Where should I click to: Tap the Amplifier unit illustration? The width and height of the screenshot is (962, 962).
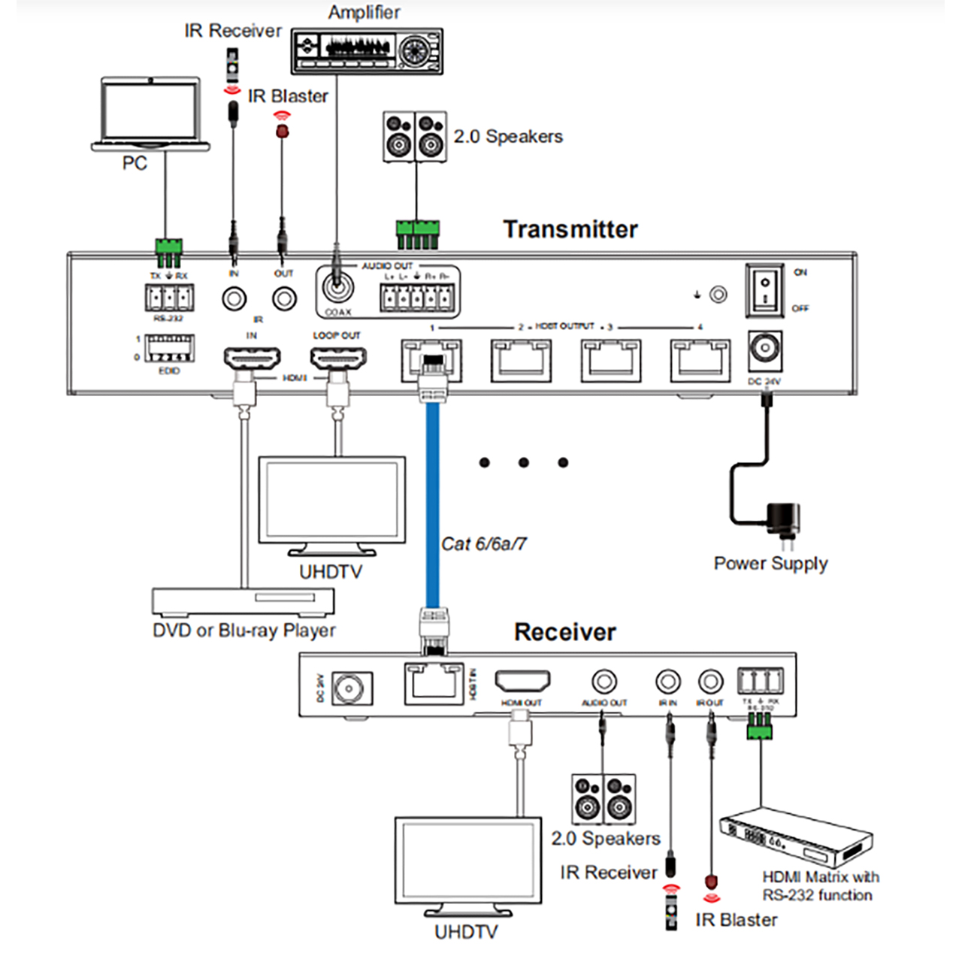coord(367,51)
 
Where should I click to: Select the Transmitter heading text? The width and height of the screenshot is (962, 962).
coord(570,229)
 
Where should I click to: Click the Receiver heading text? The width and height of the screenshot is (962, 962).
coord(564,632)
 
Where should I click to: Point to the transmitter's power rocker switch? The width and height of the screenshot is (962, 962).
coord(764,290)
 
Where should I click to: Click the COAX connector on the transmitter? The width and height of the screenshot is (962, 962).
coord(337,289)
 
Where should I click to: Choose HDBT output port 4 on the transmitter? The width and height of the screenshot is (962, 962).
coord(700,360)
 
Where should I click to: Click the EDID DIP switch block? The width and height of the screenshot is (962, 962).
coord(169,349)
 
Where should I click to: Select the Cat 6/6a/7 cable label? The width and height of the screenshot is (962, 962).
coord(483,543)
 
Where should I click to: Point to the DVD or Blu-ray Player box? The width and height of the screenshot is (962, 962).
coord(243,602)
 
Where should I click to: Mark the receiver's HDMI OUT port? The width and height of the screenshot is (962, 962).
coord(522,682)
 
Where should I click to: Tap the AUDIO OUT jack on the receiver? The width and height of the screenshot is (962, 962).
coord(604,682)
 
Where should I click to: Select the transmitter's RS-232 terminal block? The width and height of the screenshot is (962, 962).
coord(169,298)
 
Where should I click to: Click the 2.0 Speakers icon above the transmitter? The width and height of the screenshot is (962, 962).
coord(415,136)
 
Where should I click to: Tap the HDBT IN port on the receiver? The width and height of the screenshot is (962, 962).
coord(434,682)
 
